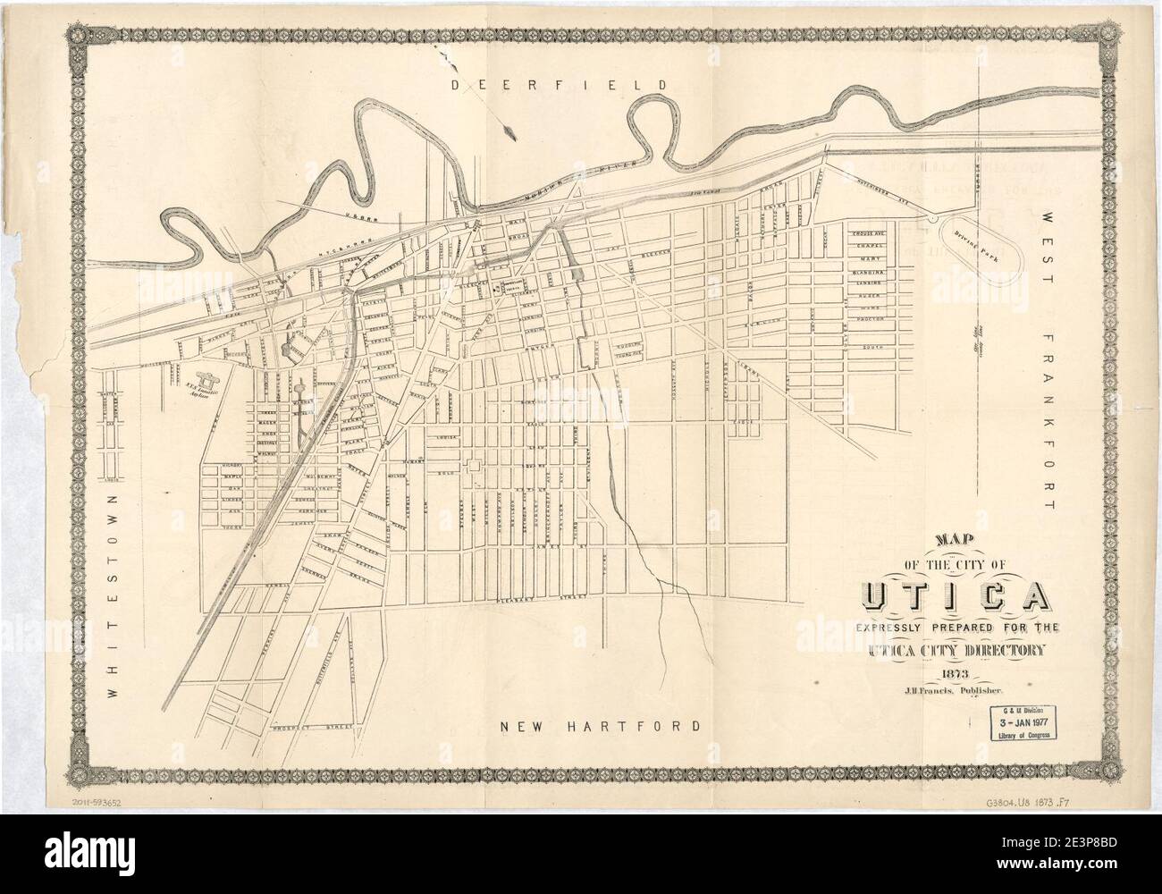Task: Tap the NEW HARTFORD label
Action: click(599, 726)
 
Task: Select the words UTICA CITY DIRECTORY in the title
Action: click(954, 651)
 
